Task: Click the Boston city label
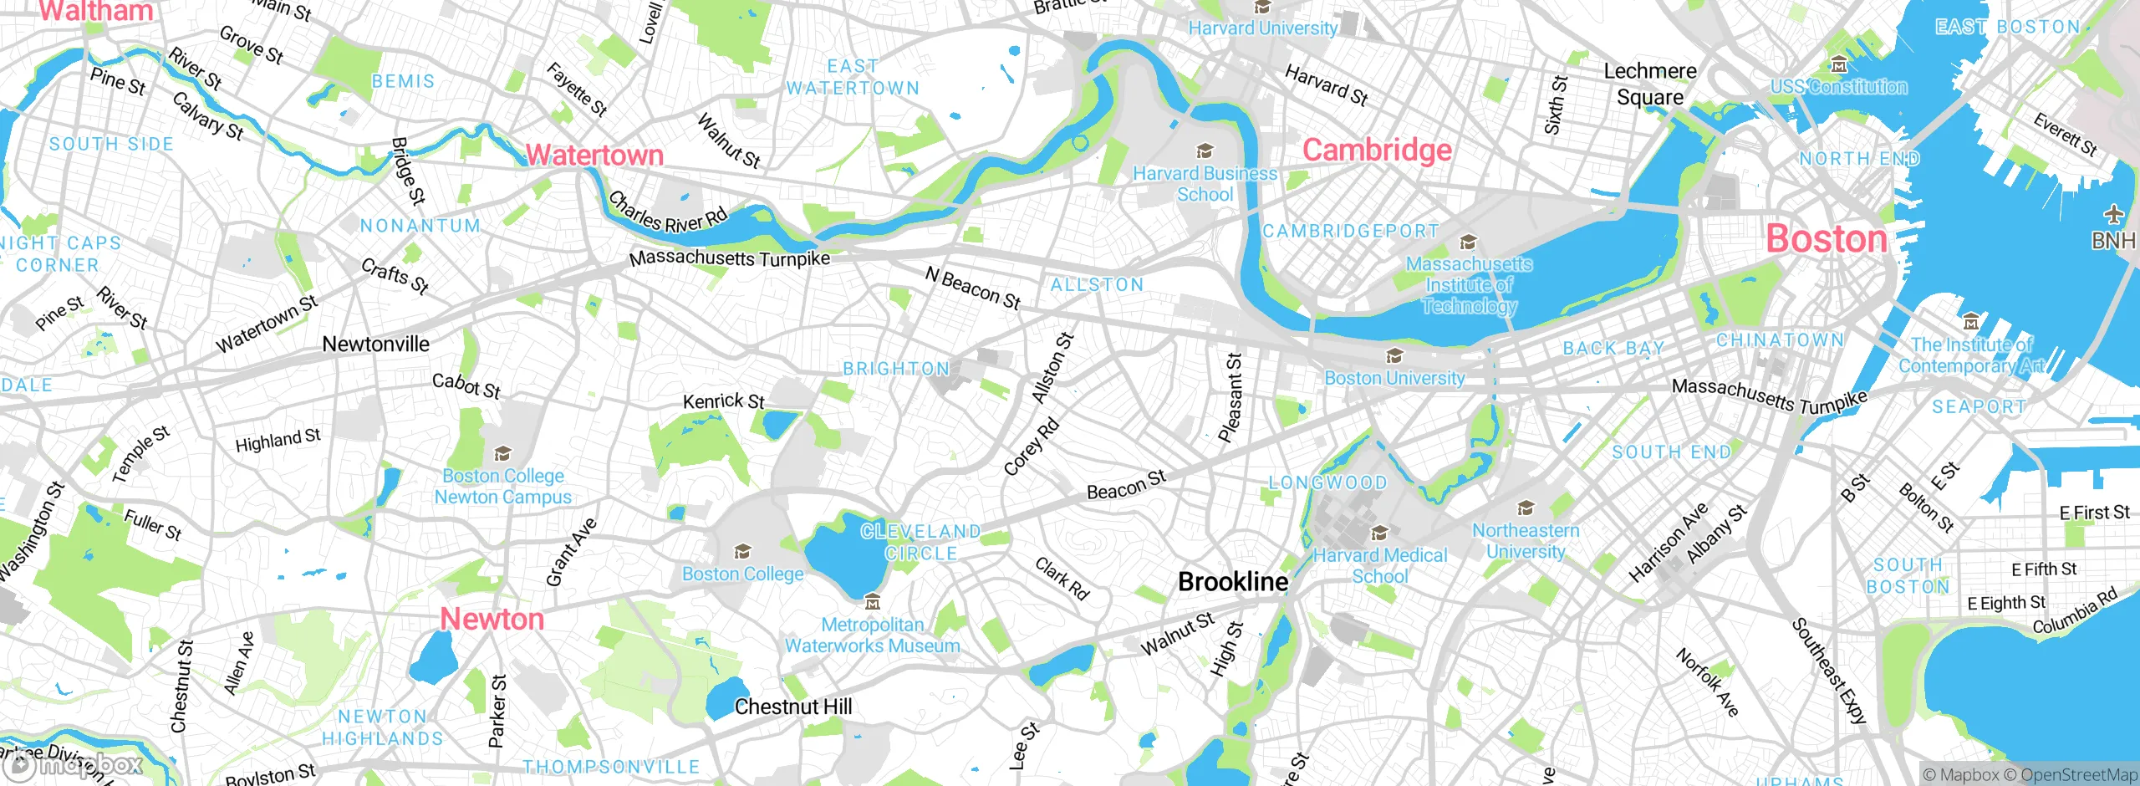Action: pyautogui.click(x=1827, y=239)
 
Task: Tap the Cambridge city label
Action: pyautogui.click(x=1377, y=151)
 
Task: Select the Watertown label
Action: pyautogui.click(x=594, y=156)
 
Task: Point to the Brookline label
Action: pyautogui.click(x=1233, y=582)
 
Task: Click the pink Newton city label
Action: pyautogui.click(x=492, y=620)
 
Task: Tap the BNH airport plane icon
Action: pyautogui.click(x=2114, y=215)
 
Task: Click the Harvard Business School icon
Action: pyautogui.click(x=1205, y=151)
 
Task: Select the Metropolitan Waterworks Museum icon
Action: pyautogui.click(x=873, y=601)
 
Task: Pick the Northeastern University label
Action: pyautogui.click(x=1526, y=541)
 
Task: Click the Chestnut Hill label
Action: pyautogui.click(x=793, y=707)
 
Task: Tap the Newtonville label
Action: pyautogui.click(x=375, y=345)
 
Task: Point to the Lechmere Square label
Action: pyautogui.click(x=1650, y=84)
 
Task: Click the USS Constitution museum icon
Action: pyautogui.click(x=1838, y=64)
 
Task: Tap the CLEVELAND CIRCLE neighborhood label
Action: pyautogui.click(x=920, y=543)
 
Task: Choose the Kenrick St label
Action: pyautogui.click(x=723, y=401)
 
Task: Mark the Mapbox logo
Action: pyautogui.click(x=74, y=765)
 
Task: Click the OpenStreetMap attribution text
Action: pyautogui.click(x=2078, y=775)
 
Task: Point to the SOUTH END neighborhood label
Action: pyautogui.click(x=1671, y=452)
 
